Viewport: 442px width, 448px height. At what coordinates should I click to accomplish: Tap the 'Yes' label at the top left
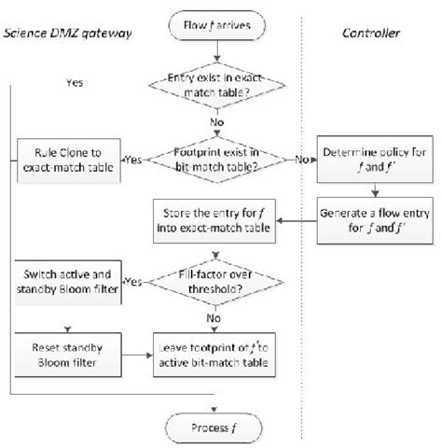[x=74, y=82]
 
